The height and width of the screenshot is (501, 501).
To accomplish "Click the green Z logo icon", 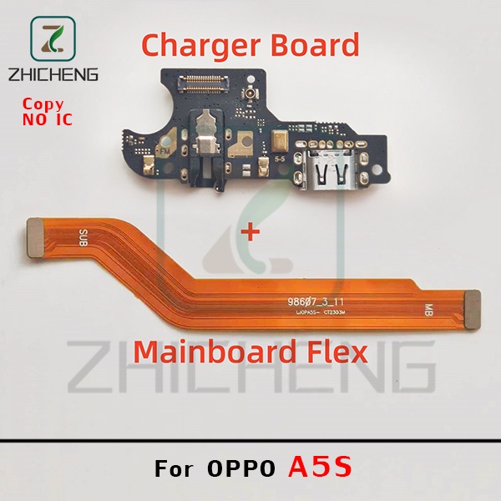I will click(53, 38).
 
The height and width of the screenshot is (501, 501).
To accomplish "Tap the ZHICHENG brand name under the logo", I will click(53, 73).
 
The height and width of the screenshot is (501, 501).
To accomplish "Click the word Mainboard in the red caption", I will click(212, 351).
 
